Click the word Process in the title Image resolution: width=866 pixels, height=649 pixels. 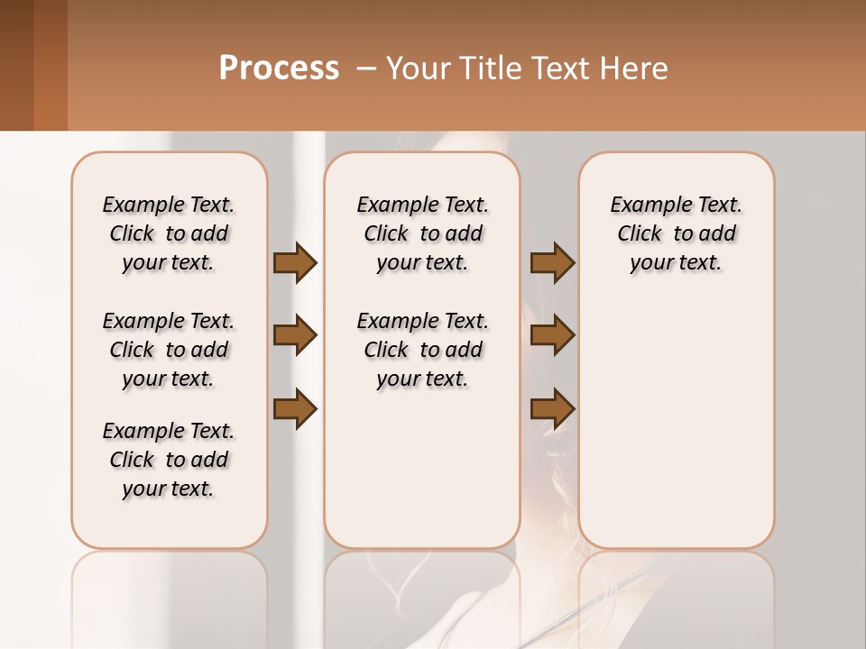pos(279,69)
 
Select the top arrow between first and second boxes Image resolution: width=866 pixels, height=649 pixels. pos(295,262)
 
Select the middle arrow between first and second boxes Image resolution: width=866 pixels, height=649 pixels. pos(295,335)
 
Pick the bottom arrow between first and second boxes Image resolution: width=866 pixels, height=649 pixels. pos(295,409)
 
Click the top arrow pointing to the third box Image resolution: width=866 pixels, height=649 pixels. pos(552,262)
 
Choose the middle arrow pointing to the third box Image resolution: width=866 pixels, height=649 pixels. pos(552,335)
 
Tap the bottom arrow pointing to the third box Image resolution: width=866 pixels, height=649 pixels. pos(552,409)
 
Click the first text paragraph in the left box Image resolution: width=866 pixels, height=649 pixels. pos(169,233)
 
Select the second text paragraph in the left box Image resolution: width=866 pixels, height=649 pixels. pos(169,350)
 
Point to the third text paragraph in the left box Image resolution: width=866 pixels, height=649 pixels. pos(169,460)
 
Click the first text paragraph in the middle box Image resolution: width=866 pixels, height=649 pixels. pos(423,233)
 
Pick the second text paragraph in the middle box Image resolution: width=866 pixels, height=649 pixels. pos(423,350)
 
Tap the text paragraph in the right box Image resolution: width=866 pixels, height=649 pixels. pos(677,233)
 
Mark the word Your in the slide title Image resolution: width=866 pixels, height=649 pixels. pos(419,69)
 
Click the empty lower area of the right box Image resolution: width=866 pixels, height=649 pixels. pos(677,433)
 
